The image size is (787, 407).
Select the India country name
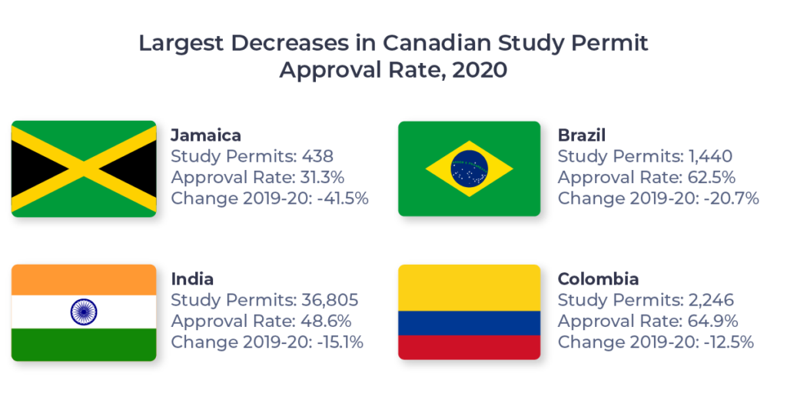point(192,279)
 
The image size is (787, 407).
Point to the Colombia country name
point(598,279)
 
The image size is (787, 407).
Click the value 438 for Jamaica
point(315,157)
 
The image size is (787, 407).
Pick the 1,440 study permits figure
point(709,157)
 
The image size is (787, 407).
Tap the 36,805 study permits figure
point(331,300)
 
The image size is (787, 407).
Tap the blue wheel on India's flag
point(84,312)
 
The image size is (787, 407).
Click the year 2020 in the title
point(480,70)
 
